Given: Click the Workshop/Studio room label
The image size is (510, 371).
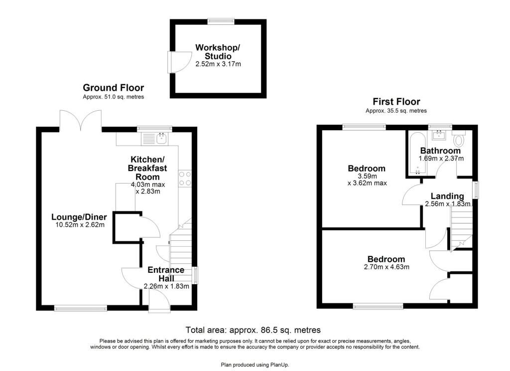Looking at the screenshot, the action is pyautogui.click(x=218, y=52).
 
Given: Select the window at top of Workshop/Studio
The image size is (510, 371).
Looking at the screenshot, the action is pyautogui.click(x=221, y=21).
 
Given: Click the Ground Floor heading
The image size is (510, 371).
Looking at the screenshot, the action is pyautogui.click(x=113, y=88).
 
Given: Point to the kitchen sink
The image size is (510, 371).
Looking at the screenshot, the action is pyautogui.click(x=162, y=139).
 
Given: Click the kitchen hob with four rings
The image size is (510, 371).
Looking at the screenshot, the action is pyautogui.click(x=185, y=179).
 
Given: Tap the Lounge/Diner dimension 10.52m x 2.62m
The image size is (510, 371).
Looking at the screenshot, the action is pyautogui.click(x=78, y=225).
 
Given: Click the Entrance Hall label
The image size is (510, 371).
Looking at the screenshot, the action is pyautogui.click(x=166, y=274).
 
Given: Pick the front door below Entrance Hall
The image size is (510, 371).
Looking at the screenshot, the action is pyautogui.click(x=159, y=300).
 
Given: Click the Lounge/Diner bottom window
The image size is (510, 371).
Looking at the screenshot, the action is pyautogui.click(x=80, y=308).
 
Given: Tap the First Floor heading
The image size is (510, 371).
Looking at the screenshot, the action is pyautogui.click(x=396, y=102).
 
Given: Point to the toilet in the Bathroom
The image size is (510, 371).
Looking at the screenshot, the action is pyautogui.click(x=459, y=138).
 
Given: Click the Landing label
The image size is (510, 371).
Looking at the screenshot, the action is pyautogui.click(x=447, y=196).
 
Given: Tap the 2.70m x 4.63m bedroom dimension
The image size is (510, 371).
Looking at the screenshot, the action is pyautogui.click(x=386, y=267).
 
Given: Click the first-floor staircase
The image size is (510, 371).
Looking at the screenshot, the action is pyautogui.click(x=461, y=229).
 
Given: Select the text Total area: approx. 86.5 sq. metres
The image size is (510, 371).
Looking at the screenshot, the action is pyautogui.click(x=253, y=330).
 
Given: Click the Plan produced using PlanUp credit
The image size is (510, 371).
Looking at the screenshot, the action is pyautogui.click(x=255, y=365).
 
